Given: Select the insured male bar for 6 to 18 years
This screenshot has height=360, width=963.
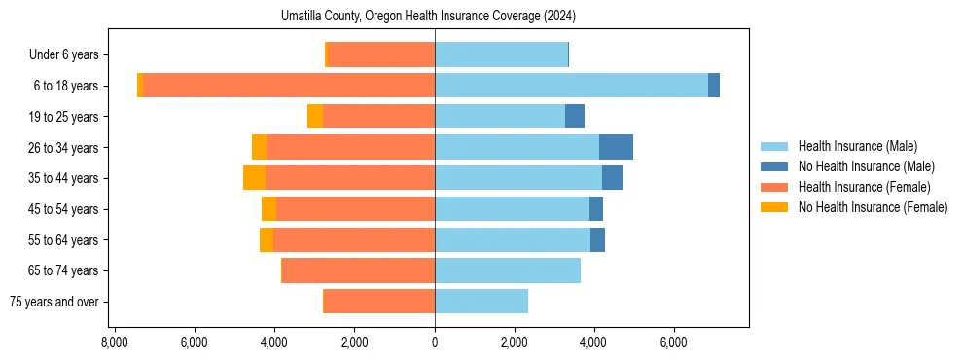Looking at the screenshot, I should pyautogui.click(x=571, y=86).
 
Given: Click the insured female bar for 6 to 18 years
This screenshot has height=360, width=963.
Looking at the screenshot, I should pyautogui.click(x=289, y=86).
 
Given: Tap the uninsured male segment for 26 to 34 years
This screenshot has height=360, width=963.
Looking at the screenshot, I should pyautogui.click(x=616, y=147).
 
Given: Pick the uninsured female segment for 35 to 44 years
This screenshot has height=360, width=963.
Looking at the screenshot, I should pyautogui.click(x=254, y=178).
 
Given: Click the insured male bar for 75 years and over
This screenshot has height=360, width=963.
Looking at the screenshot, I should pyautogui.click(x=481, y=302).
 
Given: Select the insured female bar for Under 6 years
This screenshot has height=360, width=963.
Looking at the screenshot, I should pyautogui.click(x=381, y=54).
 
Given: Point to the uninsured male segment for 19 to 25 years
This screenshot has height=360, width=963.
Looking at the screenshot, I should pyautogui.click(x=575, y=117).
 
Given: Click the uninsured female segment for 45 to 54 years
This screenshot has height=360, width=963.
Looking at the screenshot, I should pyautogui.click(x=268, y=209).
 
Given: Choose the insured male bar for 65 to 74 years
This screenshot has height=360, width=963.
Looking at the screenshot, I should pyautogui.click(x=508, y=270).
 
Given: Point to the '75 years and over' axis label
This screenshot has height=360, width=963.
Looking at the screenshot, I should pyautogui.click(x=53, y=302).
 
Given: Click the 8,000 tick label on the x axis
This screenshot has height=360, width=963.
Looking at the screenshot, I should pyautogui.click(x=114, y=342).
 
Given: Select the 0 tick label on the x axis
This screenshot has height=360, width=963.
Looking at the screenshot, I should pyautogui.click(x=435, y=342).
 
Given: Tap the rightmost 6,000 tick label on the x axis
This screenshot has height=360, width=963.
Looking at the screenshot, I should pyautogui.click(x=674, y=342).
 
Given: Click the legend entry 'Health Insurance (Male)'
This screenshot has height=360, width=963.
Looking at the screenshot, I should pyautogui.click(x=857, y=146).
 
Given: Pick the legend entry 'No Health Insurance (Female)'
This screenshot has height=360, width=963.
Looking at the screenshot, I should pyautogui.click(x=873, y=207).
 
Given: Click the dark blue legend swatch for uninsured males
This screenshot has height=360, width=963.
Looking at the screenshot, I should pyautogui.click(x=774, y=166).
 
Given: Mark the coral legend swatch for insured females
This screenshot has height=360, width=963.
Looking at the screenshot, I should pyautogui.click(x=774, y=187).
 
